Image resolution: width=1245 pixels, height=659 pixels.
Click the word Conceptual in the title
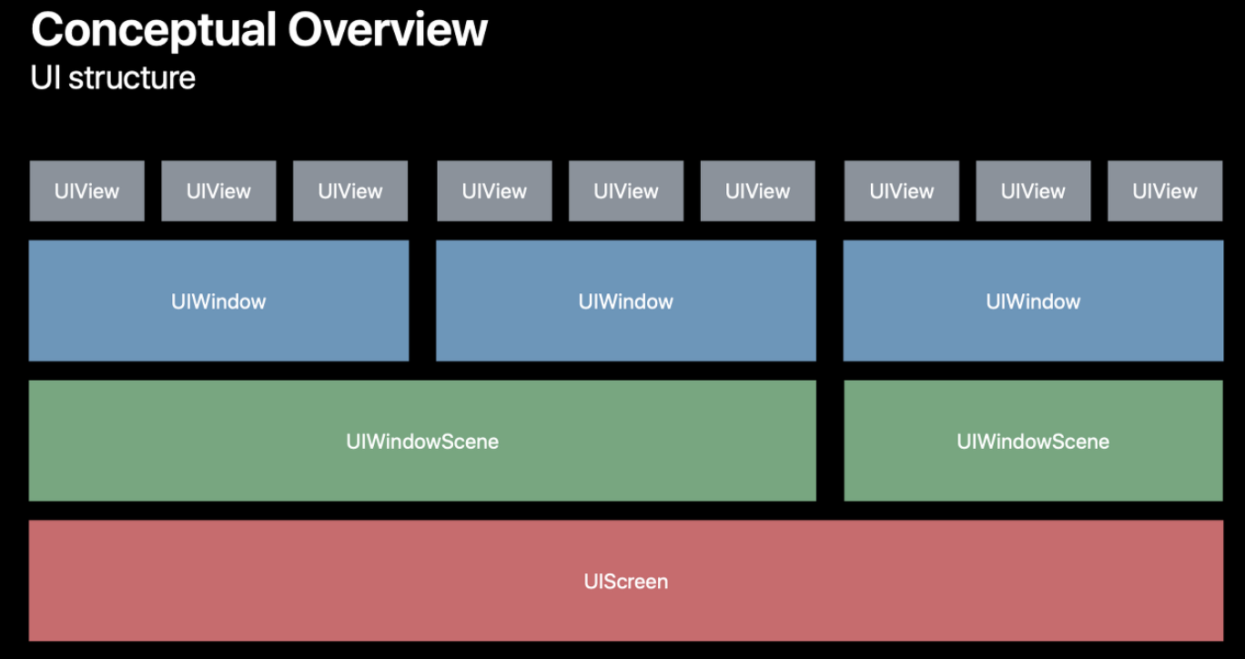tap(154, 31)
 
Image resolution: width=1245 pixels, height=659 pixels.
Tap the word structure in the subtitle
tap(132, 78)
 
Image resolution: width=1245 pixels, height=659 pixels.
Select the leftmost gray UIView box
tap(86, 191)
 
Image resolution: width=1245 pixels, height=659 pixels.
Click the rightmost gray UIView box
tap(1165, 191)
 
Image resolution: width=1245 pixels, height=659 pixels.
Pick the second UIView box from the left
tap(218, 191)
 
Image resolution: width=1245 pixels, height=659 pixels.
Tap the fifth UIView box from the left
tap(626, 191)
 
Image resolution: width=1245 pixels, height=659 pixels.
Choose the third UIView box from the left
tap(350, 191)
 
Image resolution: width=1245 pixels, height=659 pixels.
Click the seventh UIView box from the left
tap(902, 191)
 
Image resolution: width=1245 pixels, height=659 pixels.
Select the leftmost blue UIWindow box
tap(218, 301)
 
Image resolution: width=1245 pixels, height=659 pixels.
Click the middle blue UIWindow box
tap(626, 301)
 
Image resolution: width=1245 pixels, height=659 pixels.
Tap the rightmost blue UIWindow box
tap(1033, 301)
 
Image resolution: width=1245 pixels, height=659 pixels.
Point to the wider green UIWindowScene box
tap(422, 441)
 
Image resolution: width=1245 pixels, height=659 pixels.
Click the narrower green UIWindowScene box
tap(1033, 441)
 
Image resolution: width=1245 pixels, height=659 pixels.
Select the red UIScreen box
tap(626, 581)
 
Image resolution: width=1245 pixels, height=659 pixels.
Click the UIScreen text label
tap(626, 582)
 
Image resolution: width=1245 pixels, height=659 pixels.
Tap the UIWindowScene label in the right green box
tap(1033, 441)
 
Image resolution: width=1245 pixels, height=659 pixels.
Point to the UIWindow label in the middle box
tap(626, 301)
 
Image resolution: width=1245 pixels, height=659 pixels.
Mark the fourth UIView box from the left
tap(495, 191)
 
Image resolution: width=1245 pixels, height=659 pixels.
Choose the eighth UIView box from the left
tap(1033, 191)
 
